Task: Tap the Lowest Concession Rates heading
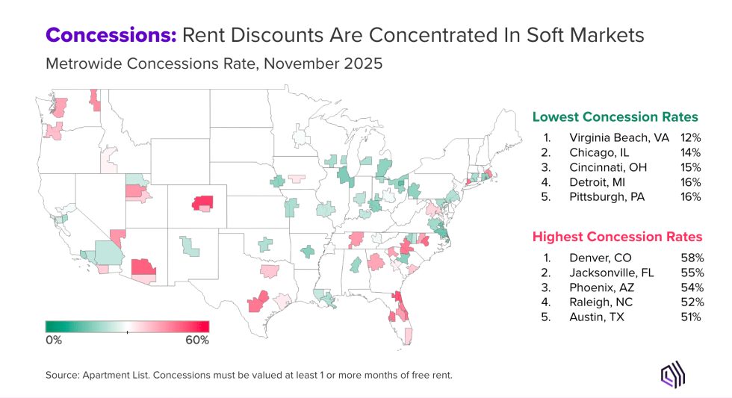pyautogui.click(x=615, y=117)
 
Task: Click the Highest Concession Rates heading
pyautogui.click(x=617, y=237)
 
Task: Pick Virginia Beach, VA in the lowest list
pyautogui.click(x=618, y=138)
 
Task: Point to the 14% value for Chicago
pyautogui.click(x=691, y=153)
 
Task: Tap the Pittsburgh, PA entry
pyautogui.click(x=606, y=197)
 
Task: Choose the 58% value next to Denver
pyautogui.click(x=692, y=258)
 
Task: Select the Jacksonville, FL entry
pyautogui.click(x=611, y=273)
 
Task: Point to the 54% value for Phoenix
pyautogui.click(x=692, y=287)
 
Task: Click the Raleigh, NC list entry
pyautogui.click(x=599, y=302)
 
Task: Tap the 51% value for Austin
pyautogui.click(x=692, y=317)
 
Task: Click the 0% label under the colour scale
pyautogui.click(x=54, y=341)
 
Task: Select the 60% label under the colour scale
pyautogui.click(x=197, y=341)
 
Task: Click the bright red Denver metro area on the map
pyautogui.click(x=203, y=202)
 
